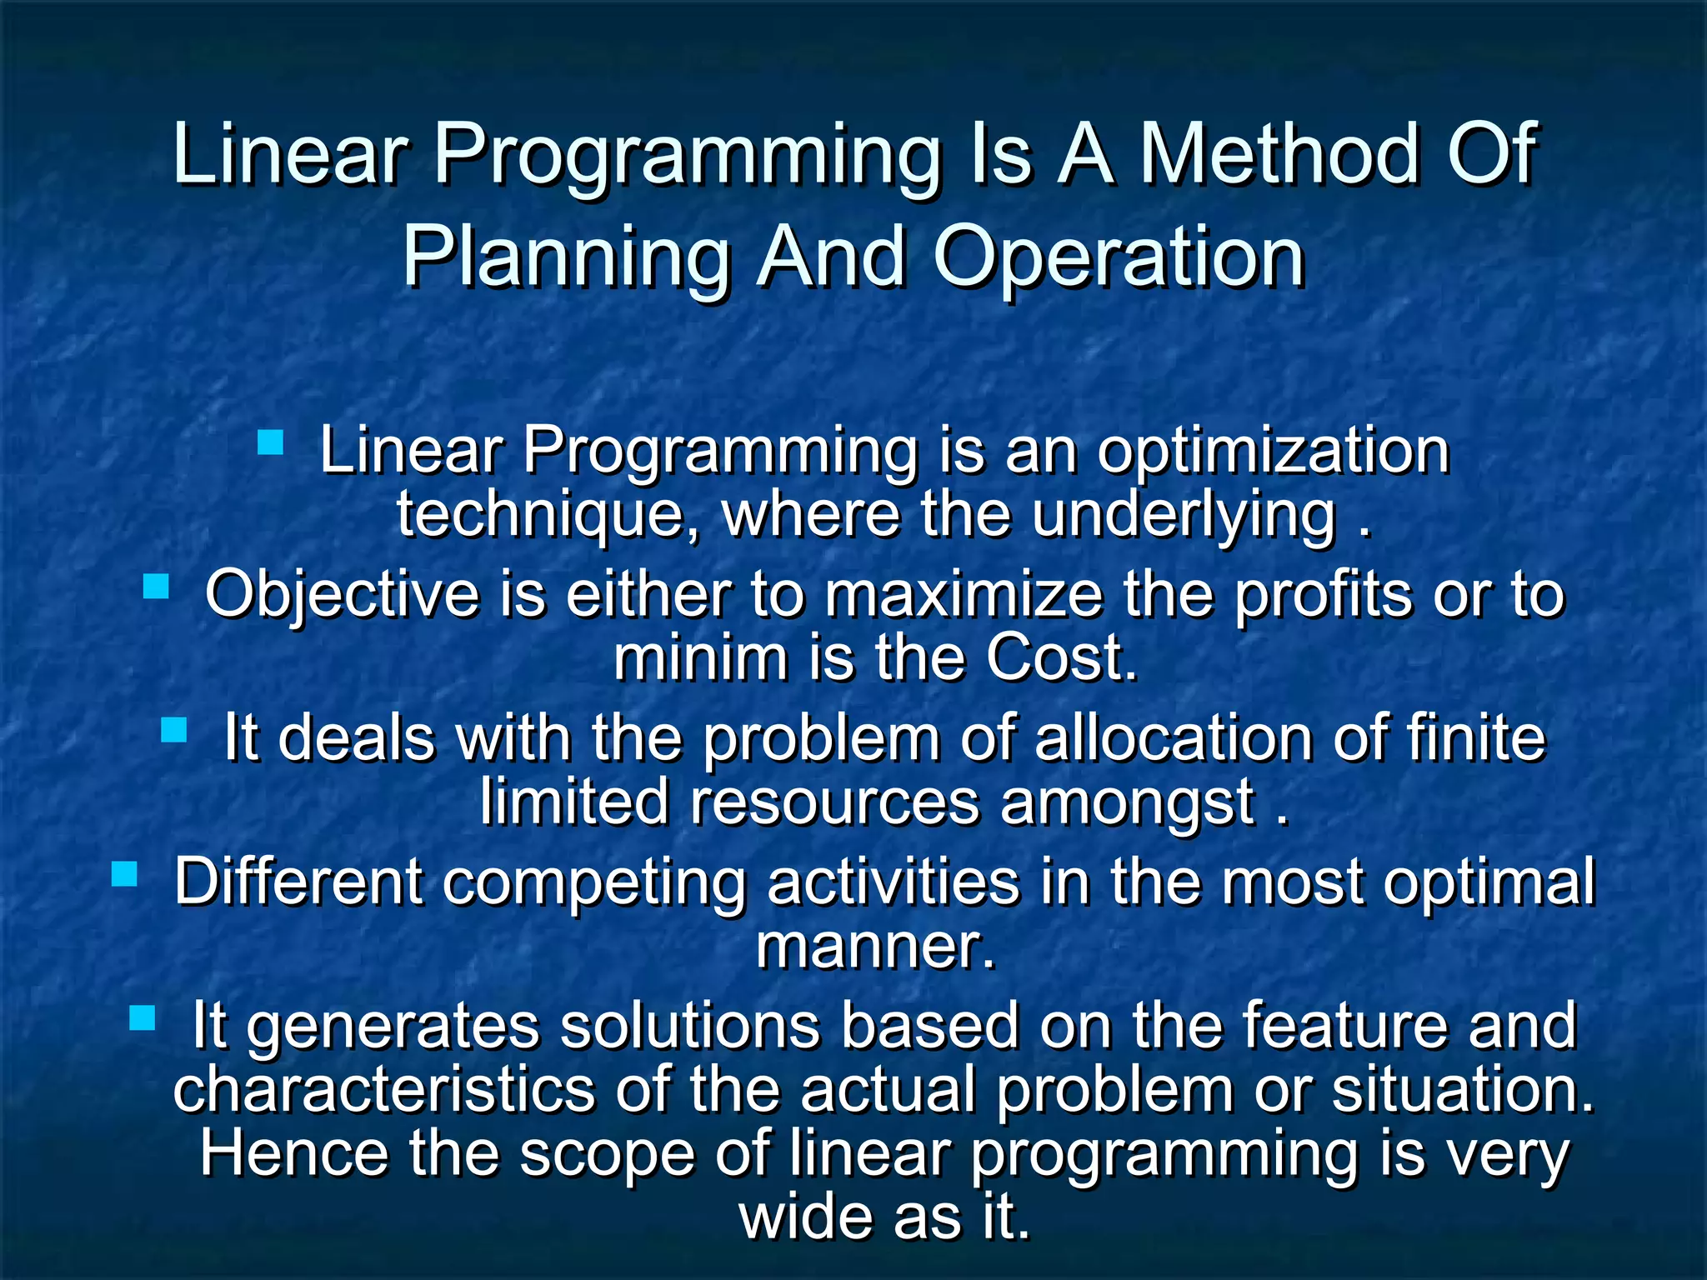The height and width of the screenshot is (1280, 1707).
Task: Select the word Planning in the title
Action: pos(567,258)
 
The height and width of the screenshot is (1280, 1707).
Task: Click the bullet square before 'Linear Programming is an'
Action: pos(271,442)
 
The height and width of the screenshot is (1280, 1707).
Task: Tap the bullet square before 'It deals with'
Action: pos(174,730)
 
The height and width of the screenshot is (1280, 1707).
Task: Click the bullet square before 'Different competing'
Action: pos(124,874)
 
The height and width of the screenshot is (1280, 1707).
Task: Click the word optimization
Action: pos(1273,452)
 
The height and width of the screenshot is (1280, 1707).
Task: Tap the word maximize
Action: pos(964,595)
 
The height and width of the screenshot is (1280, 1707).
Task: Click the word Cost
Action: pos(1061,658)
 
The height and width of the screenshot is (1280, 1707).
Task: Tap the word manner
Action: pos(875,947)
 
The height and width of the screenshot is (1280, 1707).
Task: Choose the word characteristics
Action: pos(383,1090)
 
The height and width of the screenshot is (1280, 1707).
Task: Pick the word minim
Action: pos(700,658)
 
